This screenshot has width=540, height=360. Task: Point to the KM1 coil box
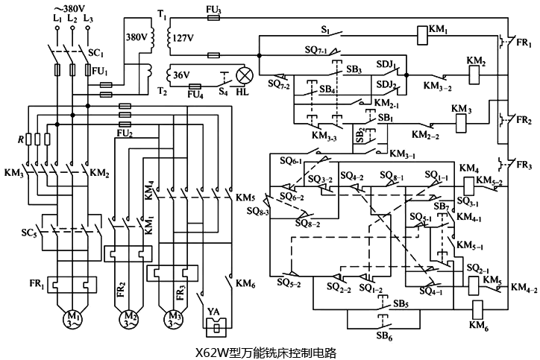click(x=421, y=31)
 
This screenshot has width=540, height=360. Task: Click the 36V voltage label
click(x=180, y=75)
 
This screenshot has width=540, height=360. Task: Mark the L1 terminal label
click(x=56, y=16)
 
